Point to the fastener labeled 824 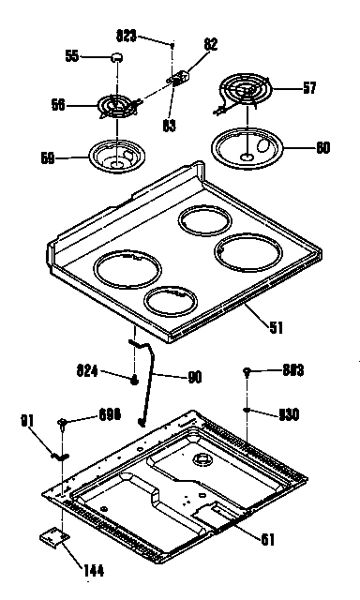(x=137, y=379)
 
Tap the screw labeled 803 (x=246, y=371)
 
